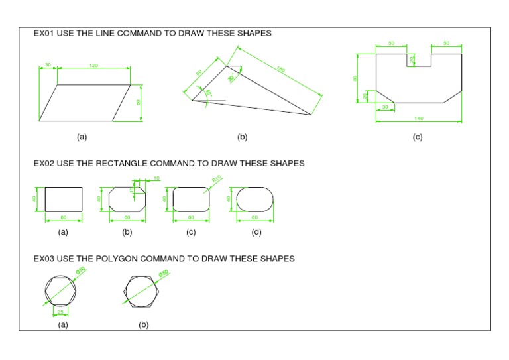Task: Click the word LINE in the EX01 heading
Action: pos(107,33)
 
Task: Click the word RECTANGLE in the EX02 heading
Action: pos(120,163)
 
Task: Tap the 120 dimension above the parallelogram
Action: pos(93,66)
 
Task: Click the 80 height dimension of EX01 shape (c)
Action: pos(355,78)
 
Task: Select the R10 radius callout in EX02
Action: pos(217,179)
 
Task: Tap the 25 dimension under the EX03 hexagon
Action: pos(61,311)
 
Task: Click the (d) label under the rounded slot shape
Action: pos(256,232)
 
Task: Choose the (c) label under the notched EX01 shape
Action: pos(417,137)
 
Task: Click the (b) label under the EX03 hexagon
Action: pos(144,325)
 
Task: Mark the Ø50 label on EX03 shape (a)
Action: pos(81,270)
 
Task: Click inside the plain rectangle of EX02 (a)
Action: pos(64,198)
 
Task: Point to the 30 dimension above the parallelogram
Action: pos(48,65)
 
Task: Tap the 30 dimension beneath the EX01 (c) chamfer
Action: pos(385,107)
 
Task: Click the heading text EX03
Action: pos(44,259)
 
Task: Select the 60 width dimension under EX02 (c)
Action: pos(190,217)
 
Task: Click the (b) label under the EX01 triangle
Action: pos(242,137)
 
